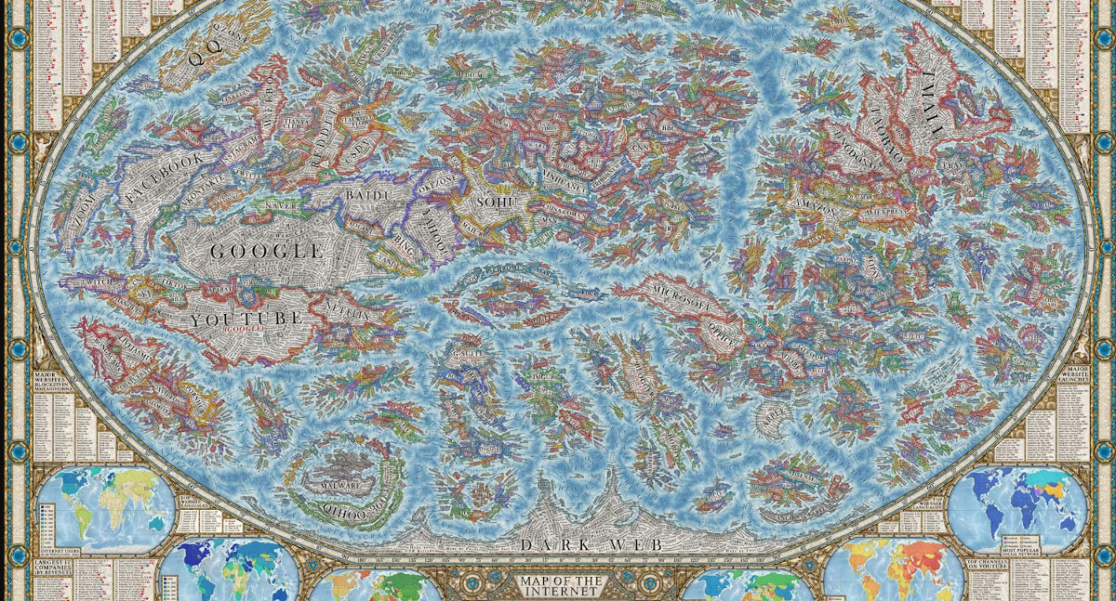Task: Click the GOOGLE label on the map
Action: point(266,251)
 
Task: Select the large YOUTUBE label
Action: point(246,319)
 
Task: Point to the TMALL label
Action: point(939,102)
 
